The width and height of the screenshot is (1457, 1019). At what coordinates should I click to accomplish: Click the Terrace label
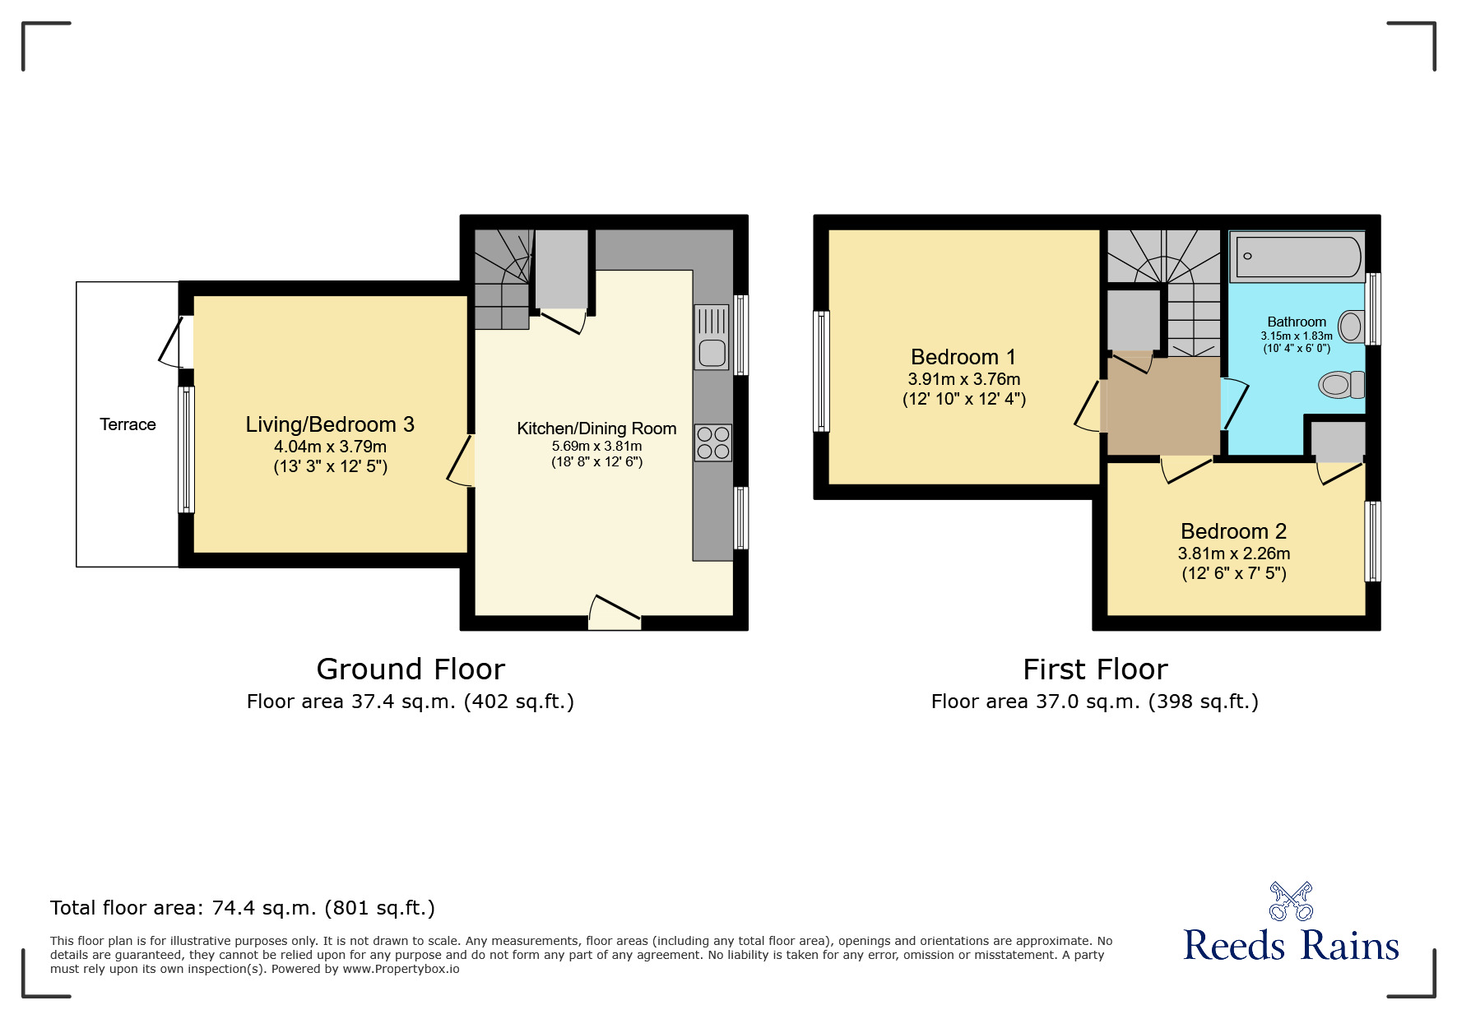tap(128, 424)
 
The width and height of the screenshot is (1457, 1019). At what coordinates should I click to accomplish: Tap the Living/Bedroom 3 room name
tap(329, 424)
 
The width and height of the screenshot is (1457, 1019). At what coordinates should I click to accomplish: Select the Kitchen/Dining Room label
tap(596, 428)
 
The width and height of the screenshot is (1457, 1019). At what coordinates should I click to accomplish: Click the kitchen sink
tap(712, 337)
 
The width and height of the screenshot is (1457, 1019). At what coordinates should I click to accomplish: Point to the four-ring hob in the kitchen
tap(712, 442)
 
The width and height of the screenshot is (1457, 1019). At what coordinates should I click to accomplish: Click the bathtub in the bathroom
tap(1297, 257)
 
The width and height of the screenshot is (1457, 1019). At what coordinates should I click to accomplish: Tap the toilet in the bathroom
tap(1340, 384)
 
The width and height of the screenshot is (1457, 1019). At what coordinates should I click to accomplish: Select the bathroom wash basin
tap(1351, 327)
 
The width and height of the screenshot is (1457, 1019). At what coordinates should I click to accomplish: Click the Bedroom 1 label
tap(963, 357)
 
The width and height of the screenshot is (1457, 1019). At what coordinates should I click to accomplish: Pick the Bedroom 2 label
tap(1233, 531)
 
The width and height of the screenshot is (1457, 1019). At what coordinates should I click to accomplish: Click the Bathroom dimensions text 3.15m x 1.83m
tap(1297, 336)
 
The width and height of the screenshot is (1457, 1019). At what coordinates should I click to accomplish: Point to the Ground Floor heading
tap(411, 669)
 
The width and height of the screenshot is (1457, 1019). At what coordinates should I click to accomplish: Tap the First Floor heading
tap(1095, 669)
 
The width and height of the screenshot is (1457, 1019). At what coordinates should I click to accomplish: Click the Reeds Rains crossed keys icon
tap(1291, 901)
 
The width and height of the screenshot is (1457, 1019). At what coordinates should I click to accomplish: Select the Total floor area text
tap(243, 908)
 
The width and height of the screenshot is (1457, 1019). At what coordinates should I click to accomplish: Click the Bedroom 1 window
tap(821, 371)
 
